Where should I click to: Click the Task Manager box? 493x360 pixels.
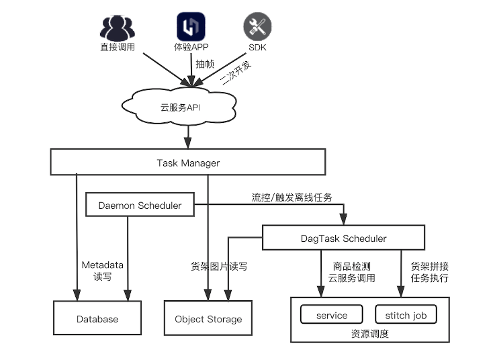(188, 163)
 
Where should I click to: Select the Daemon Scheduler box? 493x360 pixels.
(140, 206)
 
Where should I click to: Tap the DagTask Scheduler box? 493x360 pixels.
(343, 238)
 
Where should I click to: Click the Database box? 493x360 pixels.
(97, 318)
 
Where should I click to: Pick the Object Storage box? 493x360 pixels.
(208, 319)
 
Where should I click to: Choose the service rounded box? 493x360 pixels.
(332, 315)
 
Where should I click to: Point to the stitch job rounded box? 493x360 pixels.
(406, 315)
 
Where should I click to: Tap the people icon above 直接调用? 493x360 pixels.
(118, 28)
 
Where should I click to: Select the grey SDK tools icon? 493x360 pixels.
(256, 27)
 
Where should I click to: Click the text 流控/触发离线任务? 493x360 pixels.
(292, 197)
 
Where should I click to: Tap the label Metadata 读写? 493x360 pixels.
(103, 271)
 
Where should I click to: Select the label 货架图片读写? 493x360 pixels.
(219, 266)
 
